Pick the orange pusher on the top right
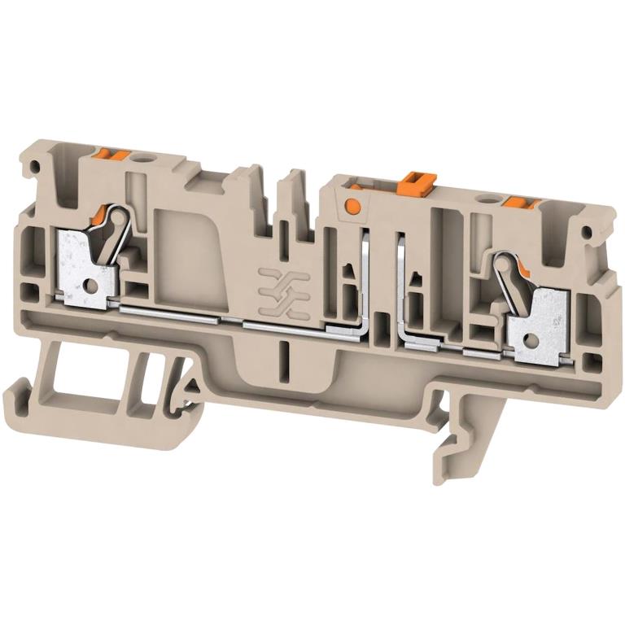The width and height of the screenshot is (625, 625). pyautogui.click(x=518, y=203)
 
